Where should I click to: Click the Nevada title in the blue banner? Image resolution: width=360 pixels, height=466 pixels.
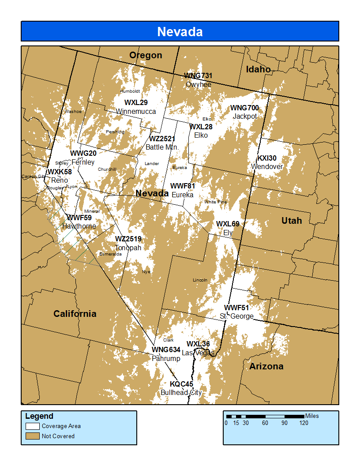(x=180, y=32)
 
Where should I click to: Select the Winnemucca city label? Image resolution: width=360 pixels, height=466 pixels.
(x=136, y=112)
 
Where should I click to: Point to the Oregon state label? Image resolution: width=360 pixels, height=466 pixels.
(x=146, y=55)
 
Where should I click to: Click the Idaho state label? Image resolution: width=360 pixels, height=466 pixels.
(x=259, y=69)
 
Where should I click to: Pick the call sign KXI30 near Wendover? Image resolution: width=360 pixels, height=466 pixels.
(x=267, y=158)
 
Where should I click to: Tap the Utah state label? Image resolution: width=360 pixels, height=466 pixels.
(x=292, y=221)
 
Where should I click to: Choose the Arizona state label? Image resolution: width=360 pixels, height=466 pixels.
(x=266, y=366)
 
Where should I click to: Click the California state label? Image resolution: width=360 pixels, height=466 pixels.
(x=75, y=314)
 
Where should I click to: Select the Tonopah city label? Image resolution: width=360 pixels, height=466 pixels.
(x=128, y=248)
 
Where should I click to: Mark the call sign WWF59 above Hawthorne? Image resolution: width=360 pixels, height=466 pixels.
(x=79, y=218)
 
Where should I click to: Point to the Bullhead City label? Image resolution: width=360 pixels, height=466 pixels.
(x=181, y=392)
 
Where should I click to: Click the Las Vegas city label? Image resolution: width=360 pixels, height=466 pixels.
(x=198, y=353)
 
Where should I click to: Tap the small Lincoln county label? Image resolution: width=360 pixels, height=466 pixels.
(x=200, y=280)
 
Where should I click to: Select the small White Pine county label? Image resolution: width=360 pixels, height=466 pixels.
(x=215, y=202)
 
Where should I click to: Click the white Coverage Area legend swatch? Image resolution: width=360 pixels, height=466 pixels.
(x=33, y=426)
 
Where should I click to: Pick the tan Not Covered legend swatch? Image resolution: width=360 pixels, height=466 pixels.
(x=33, y=436)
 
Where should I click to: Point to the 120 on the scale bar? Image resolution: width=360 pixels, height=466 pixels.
(x=304, y=423)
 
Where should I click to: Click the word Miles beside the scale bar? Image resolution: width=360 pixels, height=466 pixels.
(x=311, y=416)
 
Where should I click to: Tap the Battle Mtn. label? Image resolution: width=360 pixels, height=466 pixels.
(x=162, y=147)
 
